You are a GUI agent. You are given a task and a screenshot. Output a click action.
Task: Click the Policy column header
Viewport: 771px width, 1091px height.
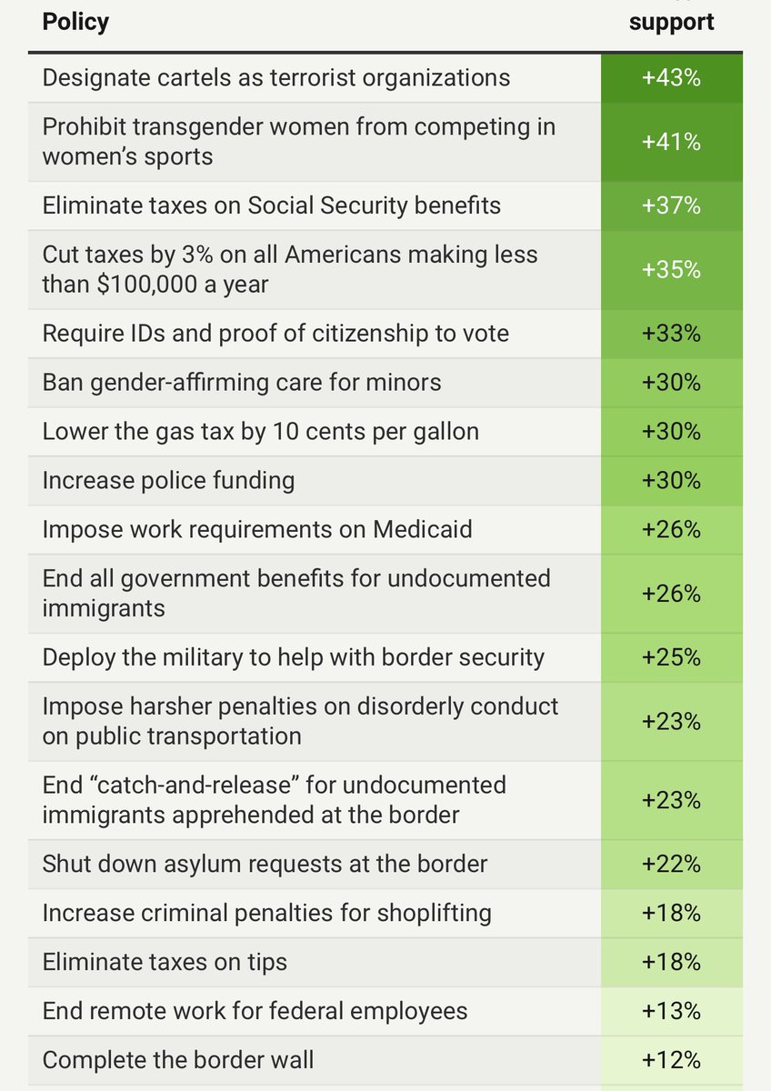(x=75, y=22)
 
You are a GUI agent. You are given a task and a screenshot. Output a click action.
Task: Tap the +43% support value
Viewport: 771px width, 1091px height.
(x=671, y=78)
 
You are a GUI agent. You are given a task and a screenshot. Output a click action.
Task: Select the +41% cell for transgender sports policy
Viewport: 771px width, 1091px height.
(x=671, y=142)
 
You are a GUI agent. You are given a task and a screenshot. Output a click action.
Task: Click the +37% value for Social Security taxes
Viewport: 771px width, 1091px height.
(x=671, y=205)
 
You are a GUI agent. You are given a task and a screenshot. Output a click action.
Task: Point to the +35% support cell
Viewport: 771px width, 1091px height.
(x=671, y=270)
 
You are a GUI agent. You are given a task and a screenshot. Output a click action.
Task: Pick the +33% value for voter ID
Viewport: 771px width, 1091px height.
(x=671, y=334)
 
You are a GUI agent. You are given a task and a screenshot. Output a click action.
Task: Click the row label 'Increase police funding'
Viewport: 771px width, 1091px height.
(x=168, y=480)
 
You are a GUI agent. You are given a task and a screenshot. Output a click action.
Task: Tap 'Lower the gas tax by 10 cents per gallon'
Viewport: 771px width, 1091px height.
(x=260, y=431)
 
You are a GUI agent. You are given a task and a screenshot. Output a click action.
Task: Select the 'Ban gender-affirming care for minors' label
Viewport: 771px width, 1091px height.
(x=242, y=382)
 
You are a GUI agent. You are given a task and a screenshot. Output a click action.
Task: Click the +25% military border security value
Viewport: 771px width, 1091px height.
(x=671, y=656)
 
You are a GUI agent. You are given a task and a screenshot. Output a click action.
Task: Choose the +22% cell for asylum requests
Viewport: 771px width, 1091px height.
(x=671, y=864)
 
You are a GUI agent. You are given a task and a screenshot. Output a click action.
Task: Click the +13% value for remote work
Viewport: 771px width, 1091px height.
(x=671, y=1011)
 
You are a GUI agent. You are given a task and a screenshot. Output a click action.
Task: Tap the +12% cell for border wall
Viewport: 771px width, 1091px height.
(x=671, y=1060)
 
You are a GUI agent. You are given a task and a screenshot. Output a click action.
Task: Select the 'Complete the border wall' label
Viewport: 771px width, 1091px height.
(x=178, y=1060)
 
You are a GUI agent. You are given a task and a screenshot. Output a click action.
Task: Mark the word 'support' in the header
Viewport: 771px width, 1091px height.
(x=671, y=22)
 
